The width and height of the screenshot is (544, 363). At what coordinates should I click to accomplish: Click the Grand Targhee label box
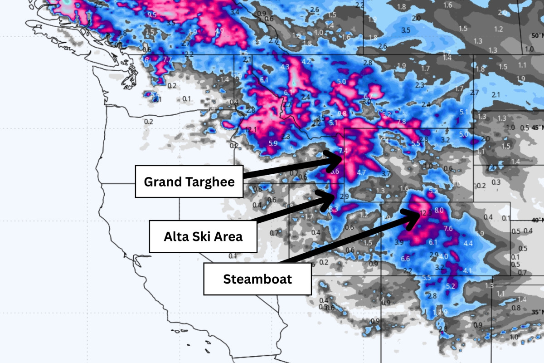189,181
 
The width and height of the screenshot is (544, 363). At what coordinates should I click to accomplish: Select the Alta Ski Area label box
203,236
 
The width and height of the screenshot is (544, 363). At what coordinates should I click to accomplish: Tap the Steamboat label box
257,279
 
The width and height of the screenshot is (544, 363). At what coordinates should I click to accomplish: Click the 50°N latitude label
537,36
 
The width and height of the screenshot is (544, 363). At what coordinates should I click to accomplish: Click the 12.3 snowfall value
425,213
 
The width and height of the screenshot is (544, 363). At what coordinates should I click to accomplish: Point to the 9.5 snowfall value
152,15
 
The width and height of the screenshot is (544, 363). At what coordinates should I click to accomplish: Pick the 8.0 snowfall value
439,211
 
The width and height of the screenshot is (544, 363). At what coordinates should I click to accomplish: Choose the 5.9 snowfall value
273,143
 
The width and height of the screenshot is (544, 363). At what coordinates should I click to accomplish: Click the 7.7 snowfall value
167,59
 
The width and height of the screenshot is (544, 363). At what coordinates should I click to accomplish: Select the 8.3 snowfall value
334,209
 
